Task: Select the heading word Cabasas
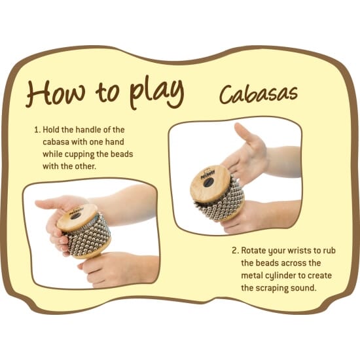pyautogui.click(x=259, y=94)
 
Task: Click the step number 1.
pyautogui.click(x=37, y=130)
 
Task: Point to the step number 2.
pyautogui.click(x=236, y=251)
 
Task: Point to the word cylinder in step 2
pyautogui.click(x=280, y=276)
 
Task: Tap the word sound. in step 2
pyautogui.click(x=304, y=288)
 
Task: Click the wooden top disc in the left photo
pyautogui.click(x=77, y=217)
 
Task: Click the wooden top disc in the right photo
pyautogui.click(x=210, y=183)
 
